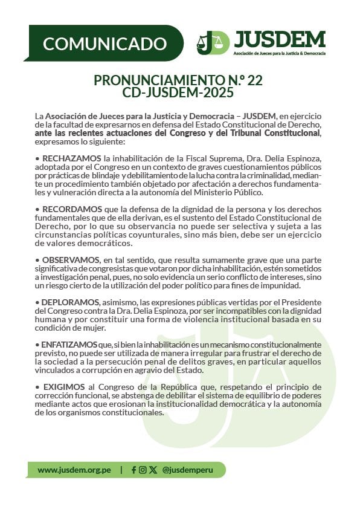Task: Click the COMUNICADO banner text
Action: click(x=104, y=44)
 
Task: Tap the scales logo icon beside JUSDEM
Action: click(x=213, y=43)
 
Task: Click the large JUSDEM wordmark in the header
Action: click(x=279, y=39)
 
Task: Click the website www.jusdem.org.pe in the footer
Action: click(x=73, y=470)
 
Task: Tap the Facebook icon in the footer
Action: click(x=133, y=470)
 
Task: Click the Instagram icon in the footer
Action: click(x=143, y=470)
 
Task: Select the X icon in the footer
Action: click(x=153, y=470)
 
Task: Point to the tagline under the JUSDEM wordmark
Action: click(x=279, y=54)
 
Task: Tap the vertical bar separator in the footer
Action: click(x=121, y=470)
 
